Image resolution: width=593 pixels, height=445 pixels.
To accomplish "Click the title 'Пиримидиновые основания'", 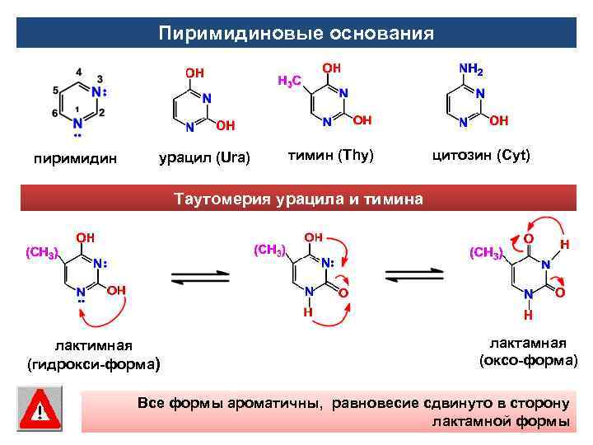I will (296, 34).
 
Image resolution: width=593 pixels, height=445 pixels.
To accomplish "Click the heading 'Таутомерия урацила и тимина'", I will (297, 199).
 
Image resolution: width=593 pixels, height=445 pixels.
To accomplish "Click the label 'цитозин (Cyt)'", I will (482, 155).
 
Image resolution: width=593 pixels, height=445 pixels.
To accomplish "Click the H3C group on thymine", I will (288, 81).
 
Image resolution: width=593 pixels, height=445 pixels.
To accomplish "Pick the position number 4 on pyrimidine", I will (77, 71).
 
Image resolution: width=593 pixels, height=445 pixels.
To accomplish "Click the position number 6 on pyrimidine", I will (54, 113).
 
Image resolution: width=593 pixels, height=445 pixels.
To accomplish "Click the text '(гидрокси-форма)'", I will (92, 363).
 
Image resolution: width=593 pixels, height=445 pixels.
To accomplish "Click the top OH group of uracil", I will (194, 74).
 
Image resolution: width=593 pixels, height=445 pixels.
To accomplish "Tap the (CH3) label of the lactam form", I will (485, 252).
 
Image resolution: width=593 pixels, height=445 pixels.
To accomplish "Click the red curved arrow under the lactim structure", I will (107, 316).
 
